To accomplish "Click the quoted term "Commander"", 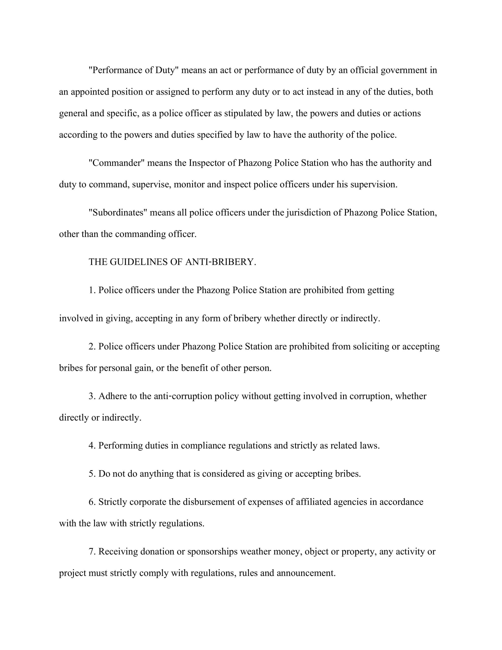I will tap(117, 163).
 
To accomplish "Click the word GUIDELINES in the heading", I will tap(138, 262).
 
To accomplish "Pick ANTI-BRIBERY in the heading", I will tap(221, 262).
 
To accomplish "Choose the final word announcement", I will tap(306, 573).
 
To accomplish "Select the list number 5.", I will tap(91, 474).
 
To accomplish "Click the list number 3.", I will tap(91, 396).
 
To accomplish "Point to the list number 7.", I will tap(91, 551).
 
